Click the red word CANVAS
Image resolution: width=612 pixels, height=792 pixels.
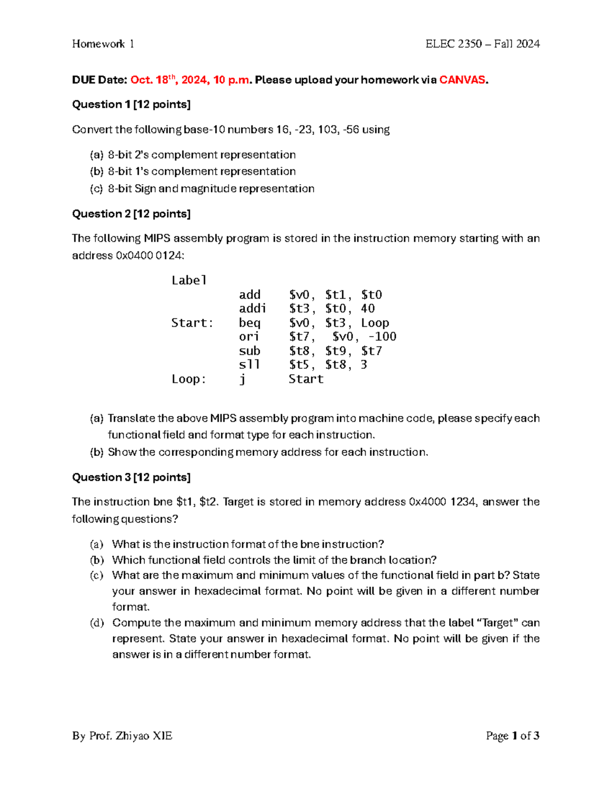point(463,80)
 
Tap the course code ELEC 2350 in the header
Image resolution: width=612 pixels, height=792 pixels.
point(453,44)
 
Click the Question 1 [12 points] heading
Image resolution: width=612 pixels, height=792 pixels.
point(131,105)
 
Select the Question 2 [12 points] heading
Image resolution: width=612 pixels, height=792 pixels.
point(131,214)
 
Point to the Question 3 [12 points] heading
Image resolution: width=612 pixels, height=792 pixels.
point(131,477)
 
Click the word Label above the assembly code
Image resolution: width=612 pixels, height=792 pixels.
point(189,280)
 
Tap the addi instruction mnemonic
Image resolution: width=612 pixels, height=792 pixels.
point(252,309)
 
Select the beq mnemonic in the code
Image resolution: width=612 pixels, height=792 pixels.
point(249,323)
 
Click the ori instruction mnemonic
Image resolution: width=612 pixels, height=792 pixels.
point(249,337)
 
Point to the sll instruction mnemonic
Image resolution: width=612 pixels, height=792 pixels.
point(249,365)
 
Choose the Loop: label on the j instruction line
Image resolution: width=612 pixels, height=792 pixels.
point(189,379)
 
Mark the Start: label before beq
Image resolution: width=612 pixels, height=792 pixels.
point(192,323)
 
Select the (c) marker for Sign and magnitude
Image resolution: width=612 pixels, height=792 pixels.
point(96,189)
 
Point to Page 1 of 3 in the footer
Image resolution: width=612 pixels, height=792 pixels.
point(513,736)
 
